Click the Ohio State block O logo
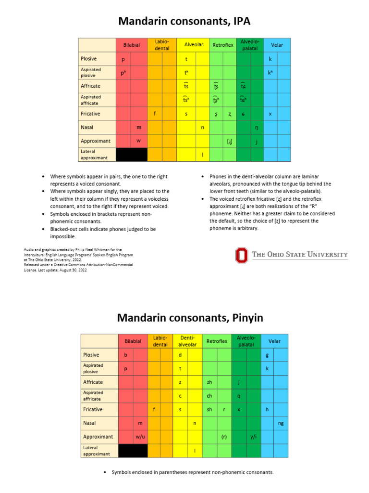click(242, 255)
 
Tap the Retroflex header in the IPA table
click(222, 45)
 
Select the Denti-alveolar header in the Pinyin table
click(187, 341)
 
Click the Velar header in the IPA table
click(277, 45)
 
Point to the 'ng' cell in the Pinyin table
click(281, 423)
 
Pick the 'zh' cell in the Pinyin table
click(209, 382)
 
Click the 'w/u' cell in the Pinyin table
click(140, 437)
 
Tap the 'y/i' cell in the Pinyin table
click(253, 437)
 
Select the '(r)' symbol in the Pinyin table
click(224, 437)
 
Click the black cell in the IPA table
click(132, 155)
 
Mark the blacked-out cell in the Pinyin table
click(133, 451)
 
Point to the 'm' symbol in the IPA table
click(139, 128)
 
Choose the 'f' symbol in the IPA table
click(154, 114)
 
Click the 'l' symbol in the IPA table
click(203, 155)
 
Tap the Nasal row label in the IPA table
click(87, 128)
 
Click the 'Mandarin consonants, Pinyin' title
click(190, 318)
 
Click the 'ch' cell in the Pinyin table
click(209, 396)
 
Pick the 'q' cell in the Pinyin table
click(239, 396)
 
